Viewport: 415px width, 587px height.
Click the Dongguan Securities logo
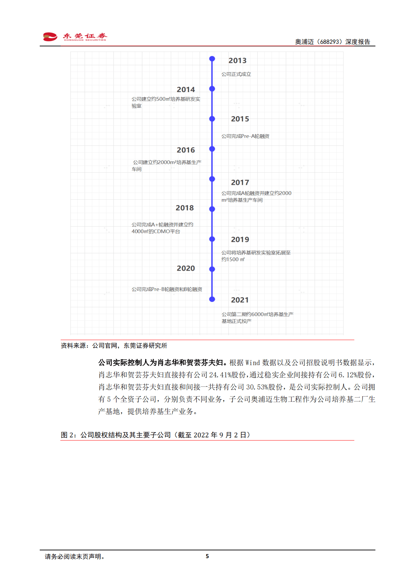click(x=75, y=37)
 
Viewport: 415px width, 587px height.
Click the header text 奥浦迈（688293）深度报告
click(x=332, y=42)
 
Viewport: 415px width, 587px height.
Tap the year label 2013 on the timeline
click(x=237, y=61)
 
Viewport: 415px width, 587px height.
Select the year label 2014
click(x=186, y=90)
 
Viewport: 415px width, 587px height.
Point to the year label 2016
click(x=186, y=150)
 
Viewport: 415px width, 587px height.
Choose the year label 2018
click(x=184, y=208)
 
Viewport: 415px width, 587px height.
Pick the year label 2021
click(x=240, y=300)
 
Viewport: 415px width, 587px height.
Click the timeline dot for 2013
click(x=212, y=59)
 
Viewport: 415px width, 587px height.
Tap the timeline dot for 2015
click(x=212, y=119)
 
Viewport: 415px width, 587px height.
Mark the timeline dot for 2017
click(x=212, y=179)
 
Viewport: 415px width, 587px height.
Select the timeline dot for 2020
click(x=212, y=269)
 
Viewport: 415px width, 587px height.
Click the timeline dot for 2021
click(x=212, y=299)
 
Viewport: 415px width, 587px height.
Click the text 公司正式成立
click(x=236, y=74)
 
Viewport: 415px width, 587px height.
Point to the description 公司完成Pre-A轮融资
click(x=245, y=136)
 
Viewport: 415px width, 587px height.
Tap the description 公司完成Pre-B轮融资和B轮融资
click(x=167, y=289)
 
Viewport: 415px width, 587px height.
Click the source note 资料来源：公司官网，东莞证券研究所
click(x=114, y=346)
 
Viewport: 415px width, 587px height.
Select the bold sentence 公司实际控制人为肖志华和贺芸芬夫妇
click(x=163, y=363)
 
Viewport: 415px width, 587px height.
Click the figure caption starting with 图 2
click(x=156, y=435)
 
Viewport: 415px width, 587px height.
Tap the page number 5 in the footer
click(x=207, y=556)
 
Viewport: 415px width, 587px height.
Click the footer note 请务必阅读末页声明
click(x=75, y=557)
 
